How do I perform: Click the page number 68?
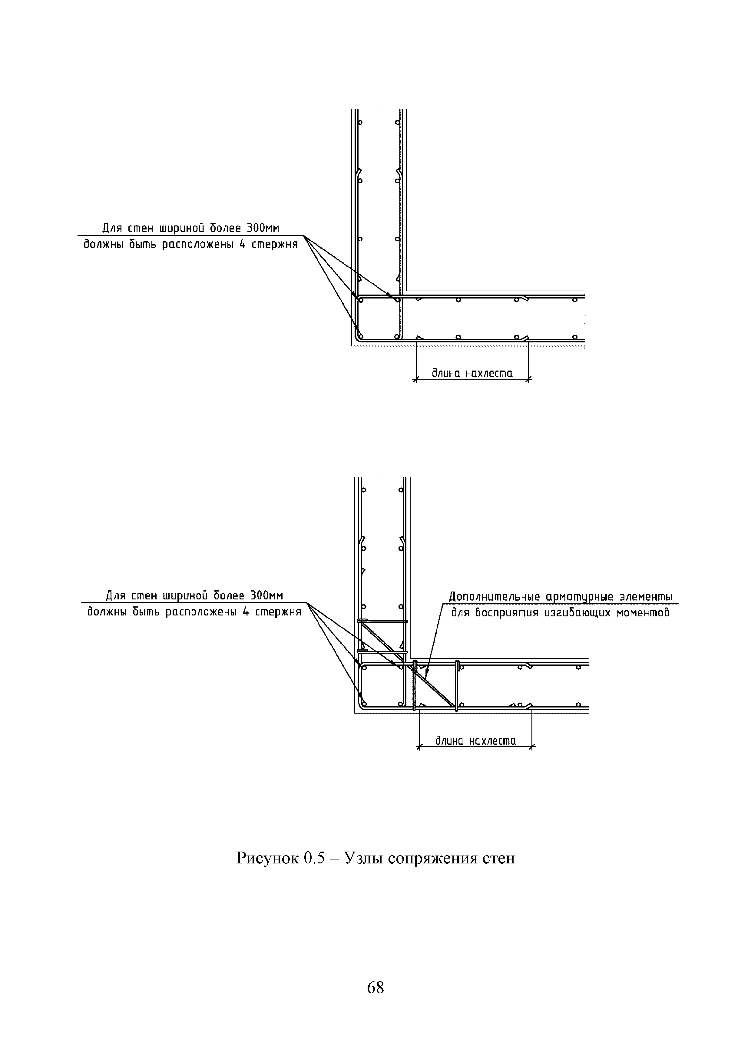point(375,988)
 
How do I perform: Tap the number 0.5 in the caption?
point(316,858)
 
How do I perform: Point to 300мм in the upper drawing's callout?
point(263,228)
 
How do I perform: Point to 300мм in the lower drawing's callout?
point(266,595)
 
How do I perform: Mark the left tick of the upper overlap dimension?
point(415,380)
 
